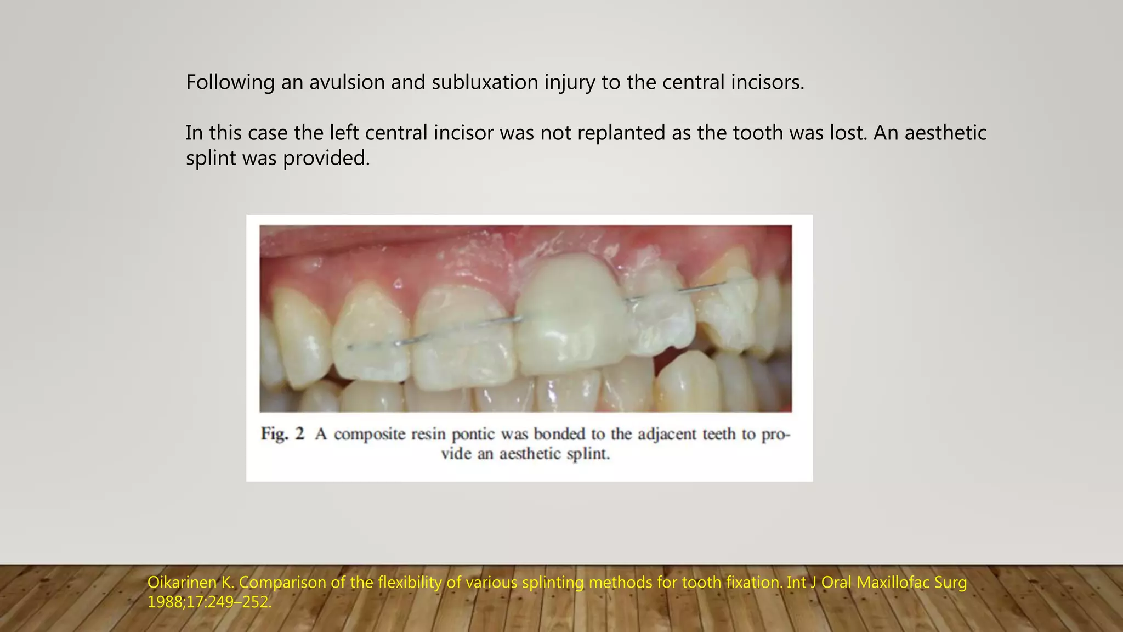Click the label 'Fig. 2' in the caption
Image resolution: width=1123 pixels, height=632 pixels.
pyautogui.click(x=282, y=434)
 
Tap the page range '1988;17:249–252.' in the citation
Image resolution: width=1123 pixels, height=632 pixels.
pyautogui.click(x=209, y=602)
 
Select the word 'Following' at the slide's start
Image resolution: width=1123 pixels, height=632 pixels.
pyautogui.click(x=230, y=82)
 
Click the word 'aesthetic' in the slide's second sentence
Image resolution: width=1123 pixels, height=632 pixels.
pyautogui.click(x=945, y=133)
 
